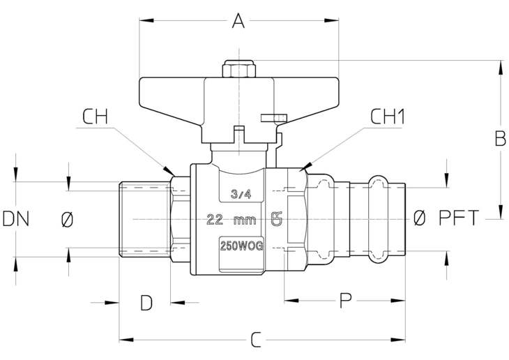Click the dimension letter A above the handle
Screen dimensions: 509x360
(238, 21)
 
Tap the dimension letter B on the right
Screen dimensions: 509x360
(500, 138)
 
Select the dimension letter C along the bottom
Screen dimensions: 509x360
(256, 340)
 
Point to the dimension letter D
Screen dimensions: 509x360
(146, 303)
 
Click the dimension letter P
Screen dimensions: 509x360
(345, 301)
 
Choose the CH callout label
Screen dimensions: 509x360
(95, 117)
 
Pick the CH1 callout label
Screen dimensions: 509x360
(388, 117)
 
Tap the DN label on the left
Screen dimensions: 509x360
(16, 218)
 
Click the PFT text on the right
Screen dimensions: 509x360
(459, 218)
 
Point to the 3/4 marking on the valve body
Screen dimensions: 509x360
(241, 194)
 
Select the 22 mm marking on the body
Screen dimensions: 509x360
(231, 220)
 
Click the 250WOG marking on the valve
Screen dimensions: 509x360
(241, 246)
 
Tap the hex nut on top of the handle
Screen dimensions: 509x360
(239, 69)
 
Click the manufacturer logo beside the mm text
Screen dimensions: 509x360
(277, 219)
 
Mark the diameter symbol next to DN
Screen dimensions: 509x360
(67, 219)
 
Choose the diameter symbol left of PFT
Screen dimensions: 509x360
(420, 218)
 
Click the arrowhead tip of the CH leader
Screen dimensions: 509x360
(174, 176)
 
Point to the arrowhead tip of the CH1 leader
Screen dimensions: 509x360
(301, 171)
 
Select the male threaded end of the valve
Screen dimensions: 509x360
(145, 220)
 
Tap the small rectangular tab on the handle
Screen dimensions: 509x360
(274, 118)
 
